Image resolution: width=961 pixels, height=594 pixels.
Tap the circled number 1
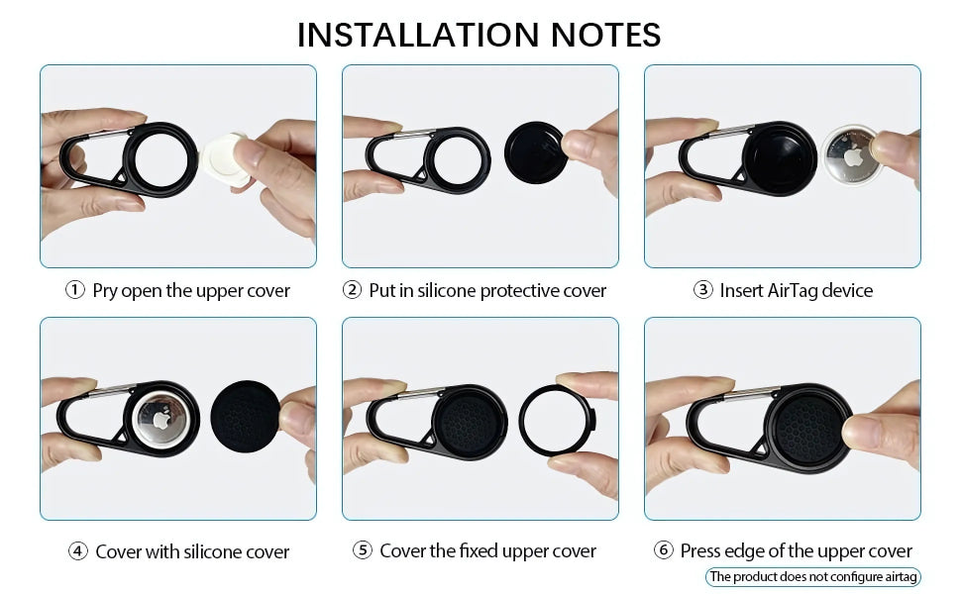pos(74,291)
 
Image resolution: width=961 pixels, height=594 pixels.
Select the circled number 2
pos(351,291)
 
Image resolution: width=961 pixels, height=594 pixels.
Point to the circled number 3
pos(702,291)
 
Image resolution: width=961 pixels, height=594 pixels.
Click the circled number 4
pos(77,551)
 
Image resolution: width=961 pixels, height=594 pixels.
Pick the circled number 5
pos(362,551)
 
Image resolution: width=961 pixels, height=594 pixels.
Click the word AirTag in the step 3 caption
pos(793,291)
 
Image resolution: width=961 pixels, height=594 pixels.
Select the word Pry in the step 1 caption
pos(106,291)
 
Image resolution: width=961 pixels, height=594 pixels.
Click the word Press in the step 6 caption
pos(702,551)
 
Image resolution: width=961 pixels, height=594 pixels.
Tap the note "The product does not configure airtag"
pos(812,576)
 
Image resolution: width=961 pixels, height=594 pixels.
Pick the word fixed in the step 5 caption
pos(480,551)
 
